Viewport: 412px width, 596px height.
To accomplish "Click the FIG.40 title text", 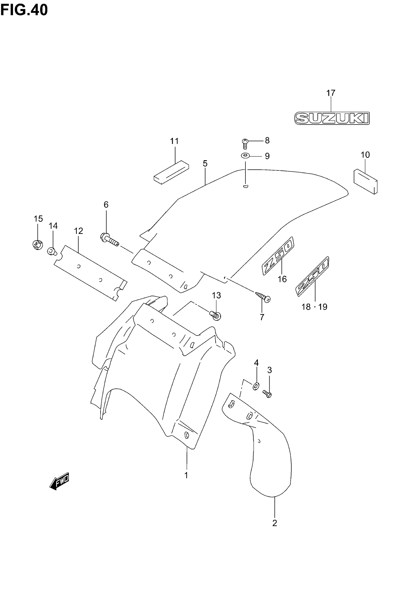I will (x=24, y=10).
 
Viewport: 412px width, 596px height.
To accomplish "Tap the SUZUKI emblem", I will (x=332, y=118).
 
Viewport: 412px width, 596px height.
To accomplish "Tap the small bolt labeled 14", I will (x=52, y=251).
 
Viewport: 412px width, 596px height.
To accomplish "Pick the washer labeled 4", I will (x=256, y=386).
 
